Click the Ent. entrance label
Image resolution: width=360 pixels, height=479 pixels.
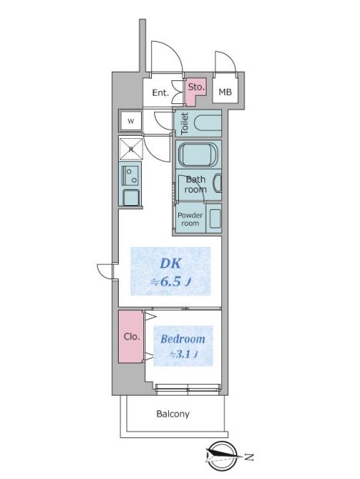(160, 93)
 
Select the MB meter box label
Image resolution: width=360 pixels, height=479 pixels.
(225, 92)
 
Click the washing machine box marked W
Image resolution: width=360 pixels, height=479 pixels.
(131, 121)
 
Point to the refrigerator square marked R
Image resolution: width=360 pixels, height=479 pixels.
(131, 149)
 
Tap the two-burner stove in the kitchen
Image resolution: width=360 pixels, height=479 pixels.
(131, 175)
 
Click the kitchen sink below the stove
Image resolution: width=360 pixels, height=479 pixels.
(131, 197)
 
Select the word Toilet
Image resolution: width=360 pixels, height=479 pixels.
(184, 123)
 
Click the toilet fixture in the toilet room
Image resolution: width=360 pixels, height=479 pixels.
(207, 123)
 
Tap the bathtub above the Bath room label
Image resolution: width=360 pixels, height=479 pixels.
(198, 155)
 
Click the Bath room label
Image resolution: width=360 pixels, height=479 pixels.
(196, 184)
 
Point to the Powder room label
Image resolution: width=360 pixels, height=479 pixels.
(190, 219)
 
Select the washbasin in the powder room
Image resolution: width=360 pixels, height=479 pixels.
(215, 218)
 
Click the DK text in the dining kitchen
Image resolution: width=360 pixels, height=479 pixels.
(171, 263)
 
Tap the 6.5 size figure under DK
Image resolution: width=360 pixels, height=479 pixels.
(170, 282)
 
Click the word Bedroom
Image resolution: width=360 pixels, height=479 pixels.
(183, 339)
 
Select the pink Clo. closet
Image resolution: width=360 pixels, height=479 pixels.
(131, 336)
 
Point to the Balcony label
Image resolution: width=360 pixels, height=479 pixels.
(173, 414)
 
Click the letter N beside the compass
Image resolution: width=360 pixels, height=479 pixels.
(249, 457)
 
